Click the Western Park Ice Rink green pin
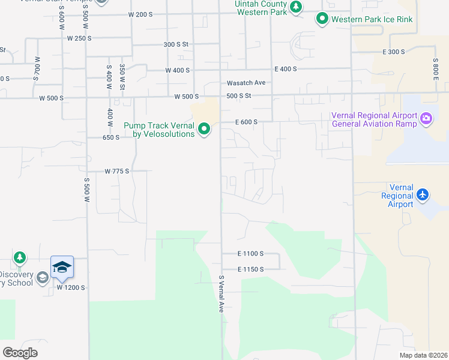(322, 19)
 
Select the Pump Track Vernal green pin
(204, 129)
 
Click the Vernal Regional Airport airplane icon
(423, 194)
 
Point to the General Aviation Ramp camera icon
(427, 118)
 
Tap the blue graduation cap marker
(62, 266)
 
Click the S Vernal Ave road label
(221, 294)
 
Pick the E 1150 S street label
(251, 269)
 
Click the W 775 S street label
(117, 171)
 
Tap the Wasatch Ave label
(246, 83)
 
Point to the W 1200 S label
(71, 287)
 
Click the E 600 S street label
(246, 122)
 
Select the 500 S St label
(238, 96)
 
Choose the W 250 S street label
(79, 38)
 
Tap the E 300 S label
(394, 52)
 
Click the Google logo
(20, 353)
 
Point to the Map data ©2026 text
(423, 355)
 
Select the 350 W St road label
(122, 76)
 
